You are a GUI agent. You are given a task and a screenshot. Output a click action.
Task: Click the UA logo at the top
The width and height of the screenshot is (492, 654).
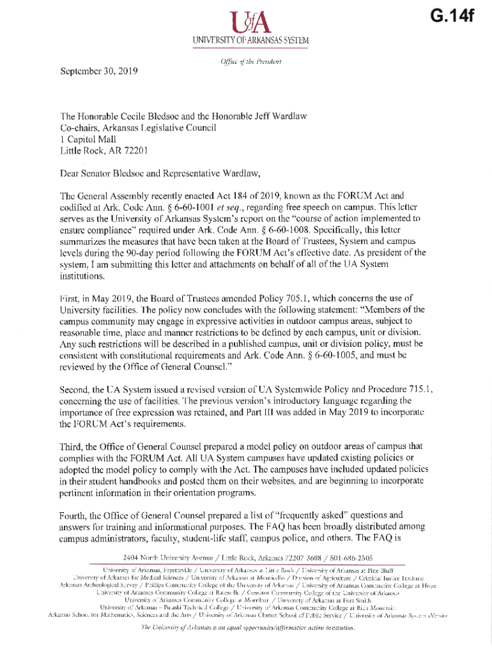[x=246, y=25]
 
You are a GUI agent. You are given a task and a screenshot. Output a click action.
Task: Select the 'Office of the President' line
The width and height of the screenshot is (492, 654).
[x=246, y=61]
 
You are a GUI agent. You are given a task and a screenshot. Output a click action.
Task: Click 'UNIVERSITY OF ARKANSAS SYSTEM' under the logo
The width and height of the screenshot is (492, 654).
[x=246, y=41]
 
